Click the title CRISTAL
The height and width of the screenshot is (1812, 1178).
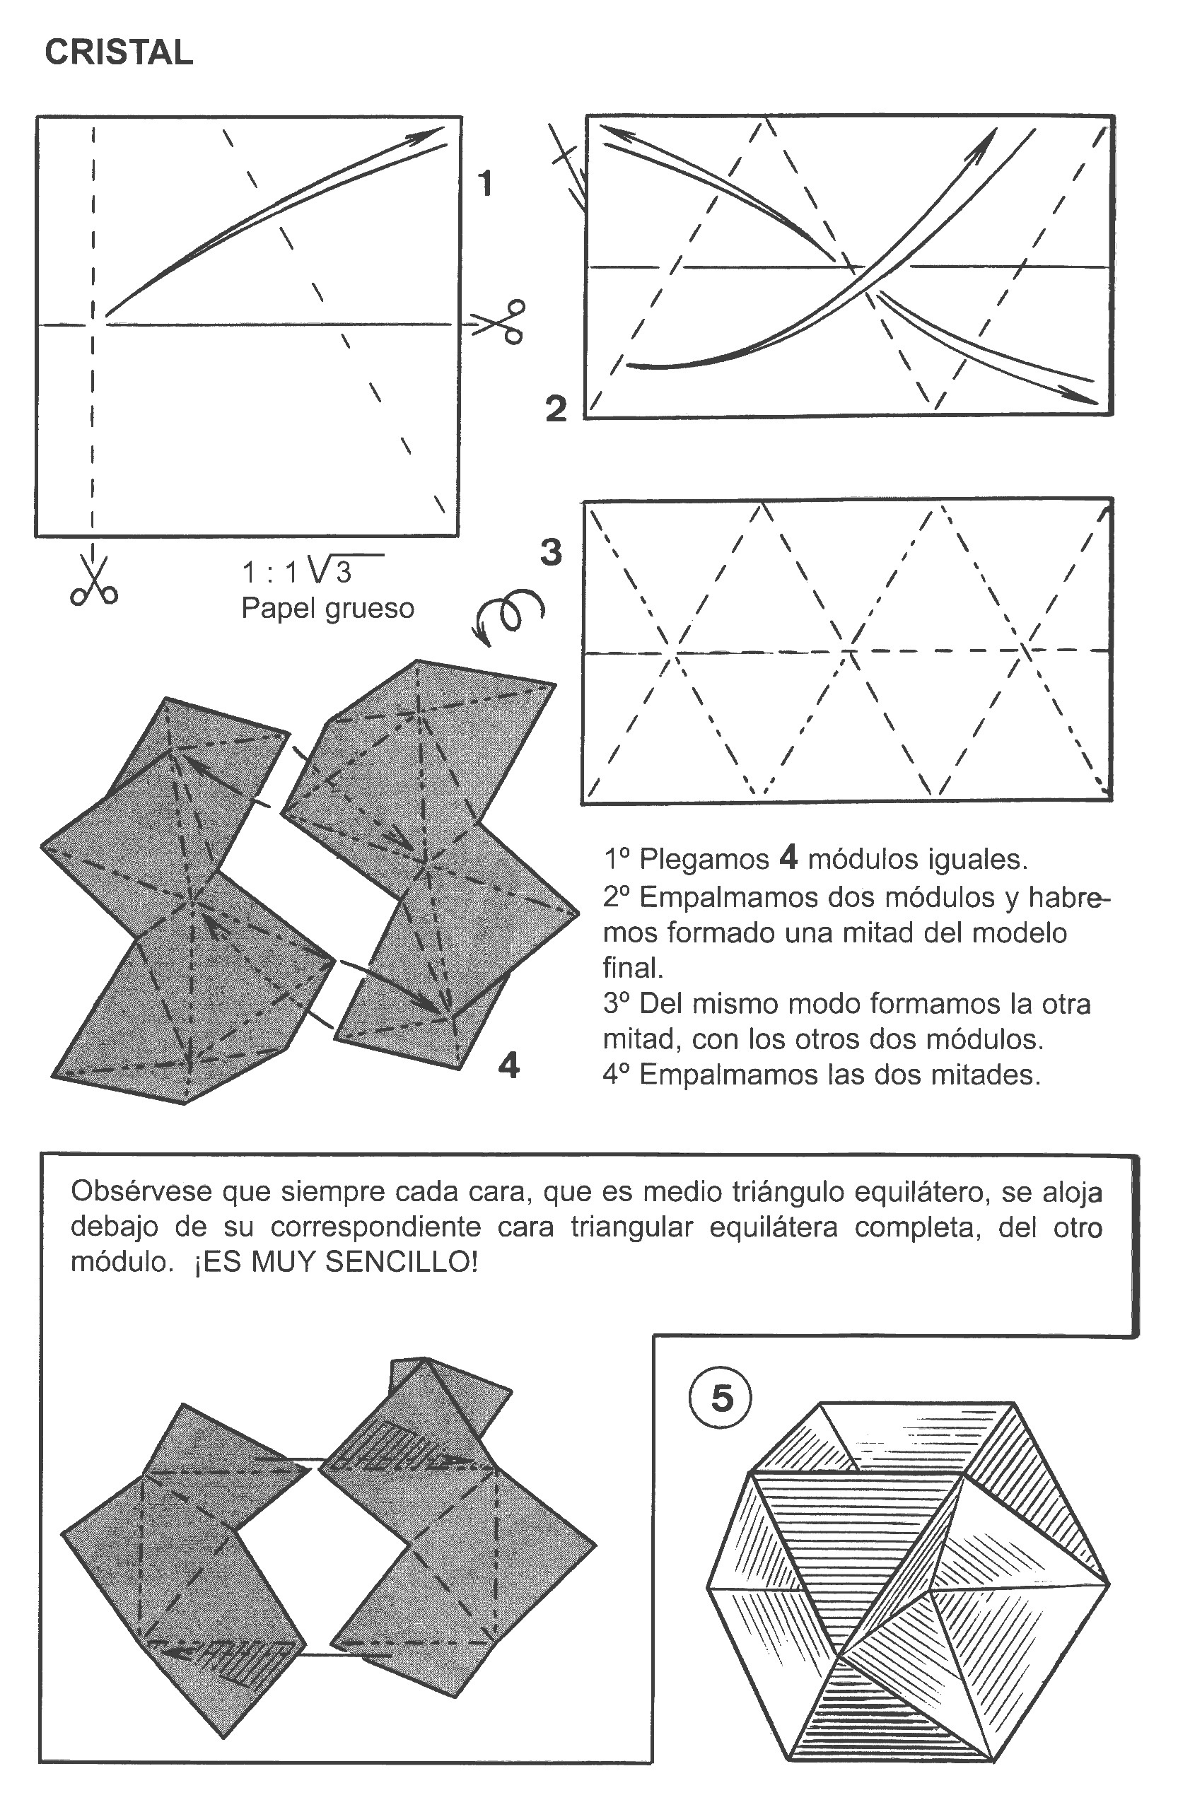[119, 52]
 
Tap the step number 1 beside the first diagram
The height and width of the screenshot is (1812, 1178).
[484, 184]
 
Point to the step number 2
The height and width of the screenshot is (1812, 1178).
[556, 409]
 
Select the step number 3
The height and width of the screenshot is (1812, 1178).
[552, 552]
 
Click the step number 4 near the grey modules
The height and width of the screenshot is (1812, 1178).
[508, 1066]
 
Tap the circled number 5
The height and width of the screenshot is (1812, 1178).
[721, 1398]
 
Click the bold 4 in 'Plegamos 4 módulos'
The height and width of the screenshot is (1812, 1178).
[788, 858]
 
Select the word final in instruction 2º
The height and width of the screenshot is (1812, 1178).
[632, 968]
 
